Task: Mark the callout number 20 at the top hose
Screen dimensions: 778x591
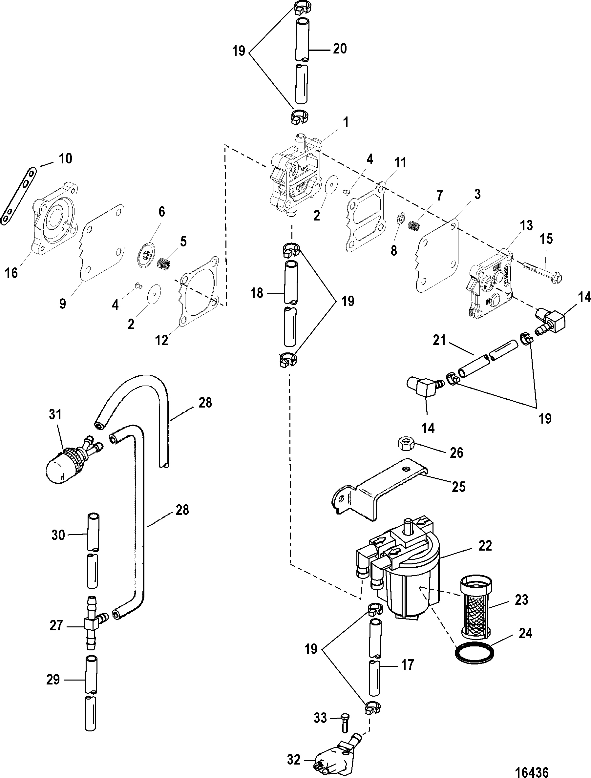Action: coord(340,49)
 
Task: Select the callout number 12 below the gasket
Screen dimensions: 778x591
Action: coord(161,340)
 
